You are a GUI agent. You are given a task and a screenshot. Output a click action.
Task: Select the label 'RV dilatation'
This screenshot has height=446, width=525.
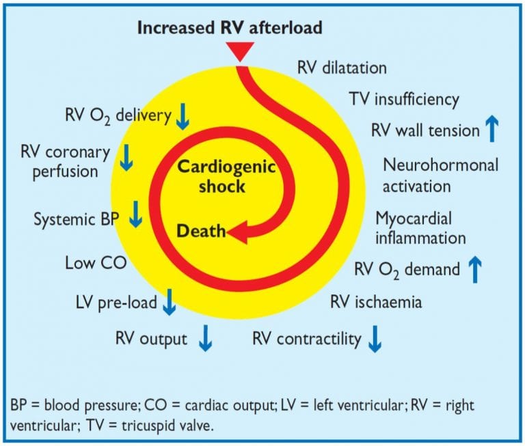(342, 68)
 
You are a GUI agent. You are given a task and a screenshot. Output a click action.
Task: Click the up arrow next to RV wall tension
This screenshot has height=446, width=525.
(492, 128)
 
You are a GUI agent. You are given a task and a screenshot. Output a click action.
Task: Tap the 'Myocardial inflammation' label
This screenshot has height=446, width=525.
(421, 228)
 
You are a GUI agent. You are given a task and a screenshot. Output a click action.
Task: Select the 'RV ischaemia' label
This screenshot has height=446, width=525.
(375, 302)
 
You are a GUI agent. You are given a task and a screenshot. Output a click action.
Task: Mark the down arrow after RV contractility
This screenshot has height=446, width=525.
(374, 338)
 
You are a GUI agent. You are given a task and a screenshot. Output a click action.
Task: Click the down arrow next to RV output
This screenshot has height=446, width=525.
(204, 338)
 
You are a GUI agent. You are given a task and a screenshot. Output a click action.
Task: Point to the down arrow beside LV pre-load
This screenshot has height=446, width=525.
(169, 303)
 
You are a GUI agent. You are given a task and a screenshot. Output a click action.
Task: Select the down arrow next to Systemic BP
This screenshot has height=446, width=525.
(136, 214)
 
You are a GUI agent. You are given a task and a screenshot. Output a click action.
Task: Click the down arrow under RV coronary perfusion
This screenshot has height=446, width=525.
(126, 158)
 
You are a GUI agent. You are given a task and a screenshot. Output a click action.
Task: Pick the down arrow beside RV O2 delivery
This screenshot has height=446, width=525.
(182, 117)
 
